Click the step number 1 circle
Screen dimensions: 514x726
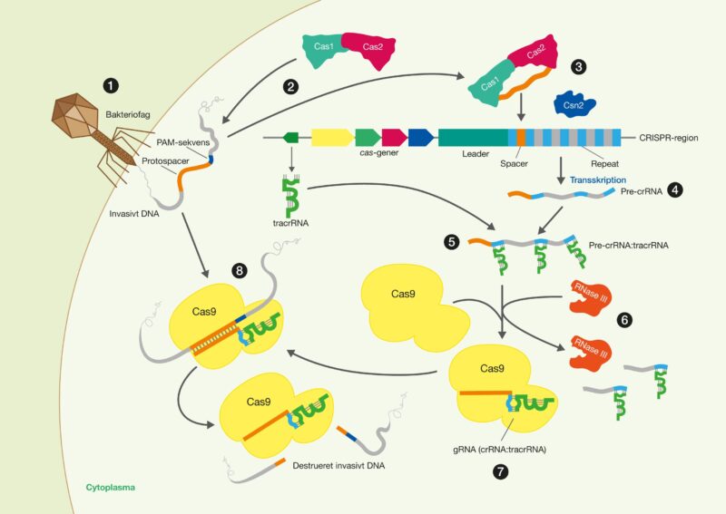[111, 86]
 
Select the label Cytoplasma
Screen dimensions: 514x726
[110, 488]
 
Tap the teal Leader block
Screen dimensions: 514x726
[473, 138]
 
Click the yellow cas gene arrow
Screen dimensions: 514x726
[332, 138]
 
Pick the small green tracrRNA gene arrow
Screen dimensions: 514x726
[291, 138]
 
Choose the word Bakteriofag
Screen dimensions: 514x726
[131, 115]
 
